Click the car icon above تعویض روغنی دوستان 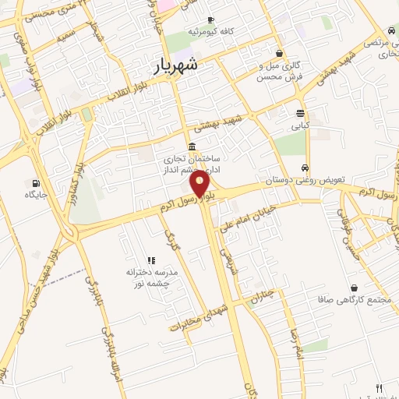tap(305, 168)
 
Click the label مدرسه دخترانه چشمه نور tap(153, 278)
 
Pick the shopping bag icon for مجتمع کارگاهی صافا tap(354, 288)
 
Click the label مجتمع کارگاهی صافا tap(348, 299)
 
